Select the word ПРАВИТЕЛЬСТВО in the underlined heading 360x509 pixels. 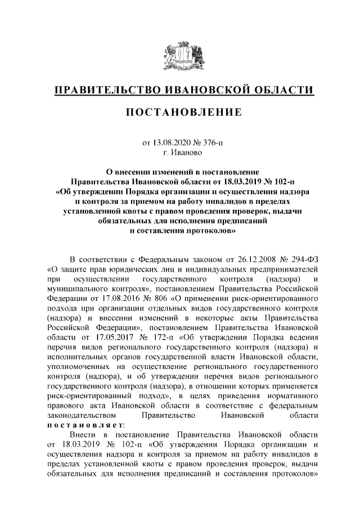click(x=106, y=90)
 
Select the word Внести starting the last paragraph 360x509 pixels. click(x=82, y=435)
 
